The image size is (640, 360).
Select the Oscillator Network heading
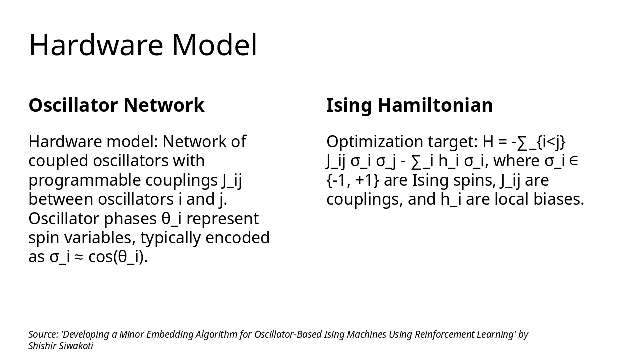point(116,105)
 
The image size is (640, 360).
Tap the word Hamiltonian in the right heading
point(435,105)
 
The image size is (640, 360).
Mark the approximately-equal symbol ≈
point(79,257)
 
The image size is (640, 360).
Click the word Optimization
point(375,142)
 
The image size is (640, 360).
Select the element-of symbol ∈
point(574,161)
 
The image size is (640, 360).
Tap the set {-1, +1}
point(352,180)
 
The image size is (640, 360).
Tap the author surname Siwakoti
point(76,346)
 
